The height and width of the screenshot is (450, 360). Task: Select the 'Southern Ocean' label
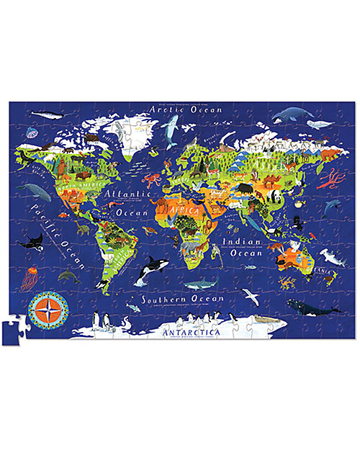tap(182, 298)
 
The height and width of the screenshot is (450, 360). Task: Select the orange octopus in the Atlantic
tap(151, 180)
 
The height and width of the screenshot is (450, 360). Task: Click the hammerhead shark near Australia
tap(330, 255)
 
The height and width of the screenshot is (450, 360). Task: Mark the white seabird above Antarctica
tap(249, 293)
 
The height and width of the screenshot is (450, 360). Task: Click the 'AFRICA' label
tap(185, 209)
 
